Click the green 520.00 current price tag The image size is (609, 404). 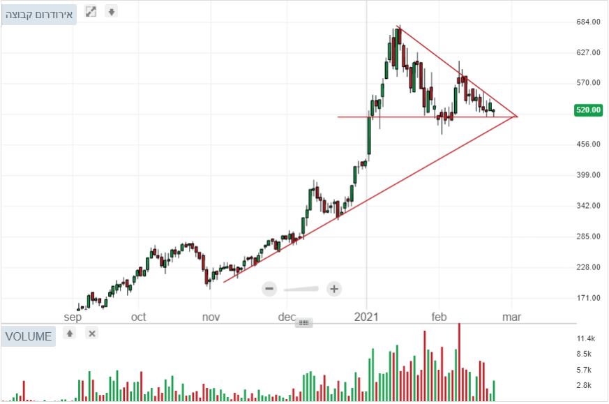click(587, 110)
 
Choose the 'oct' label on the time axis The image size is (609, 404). click(139, 317)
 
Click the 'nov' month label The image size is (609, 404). click(211, 317)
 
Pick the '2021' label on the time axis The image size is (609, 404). click(366, 317)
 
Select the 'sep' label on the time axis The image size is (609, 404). click(73, 317)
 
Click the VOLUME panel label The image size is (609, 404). click(29, 336)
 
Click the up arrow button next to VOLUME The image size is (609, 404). click(70, 334)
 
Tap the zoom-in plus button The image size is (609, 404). click(334, 288)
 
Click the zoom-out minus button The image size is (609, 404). click(270, 288)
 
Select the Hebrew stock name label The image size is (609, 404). click(39, 14)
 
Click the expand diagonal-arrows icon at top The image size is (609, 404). click(91, 12)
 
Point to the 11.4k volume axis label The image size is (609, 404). click(585, 338)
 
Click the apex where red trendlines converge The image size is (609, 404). click(517, 116)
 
